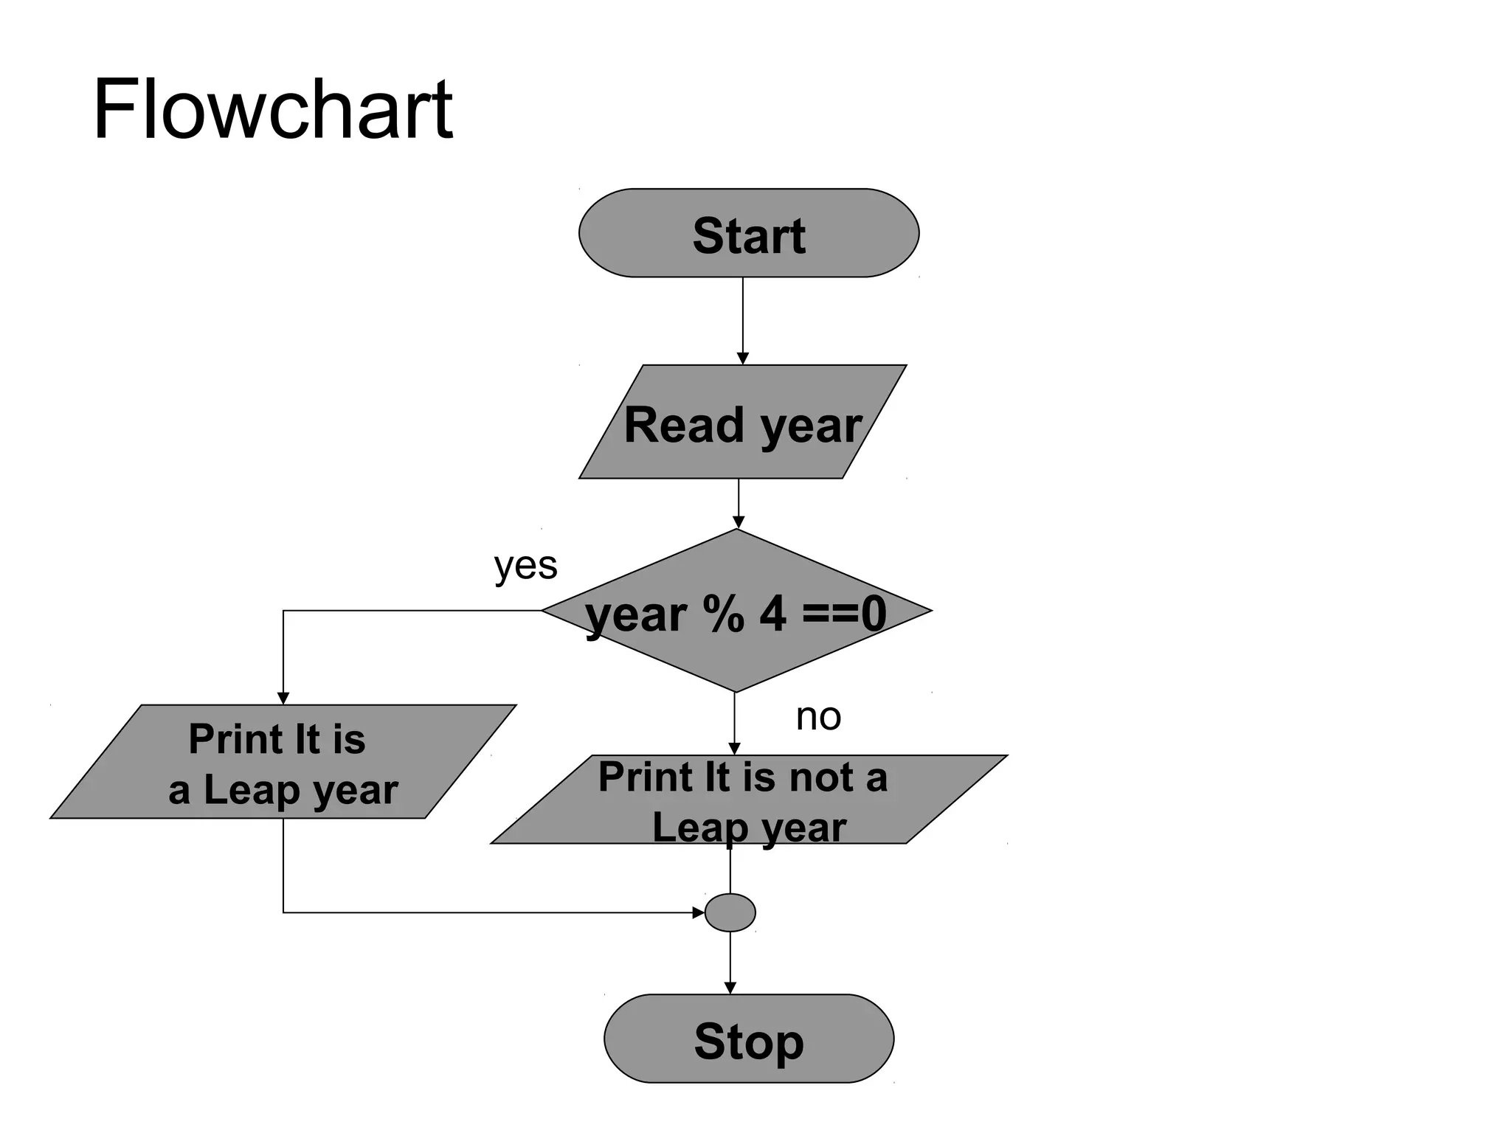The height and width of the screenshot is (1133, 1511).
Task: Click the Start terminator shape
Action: tap(748, 233)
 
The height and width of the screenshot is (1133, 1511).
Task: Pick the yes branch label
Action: tap(525, 566)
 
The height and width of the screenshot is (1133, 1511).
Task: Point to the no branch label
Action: tap(818, 716)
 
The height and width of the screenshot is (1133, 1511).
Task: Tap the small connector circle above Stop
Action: tap(730, 913)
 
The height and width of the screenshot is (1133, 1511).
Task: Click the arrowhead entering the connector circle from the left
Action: tap(698, 913)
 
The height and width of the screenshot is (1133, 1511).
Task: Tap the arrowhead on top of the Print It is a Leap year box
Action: tap(283, 699)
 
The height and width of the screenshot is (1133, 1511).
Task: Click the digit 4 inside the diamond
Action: tap(772, 614)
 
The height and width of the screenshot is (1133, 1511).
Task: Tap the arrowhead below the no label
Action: tap(734, 749)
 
